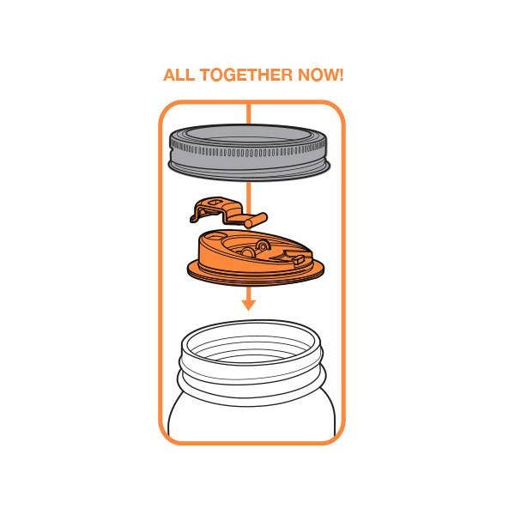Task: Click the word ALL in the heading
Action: pos(179,75)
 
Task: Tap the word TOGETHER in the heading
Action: pos(246,75)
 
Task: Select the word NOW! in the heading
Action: pos(320,75)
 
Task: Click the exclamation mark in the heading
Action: pos(341,75)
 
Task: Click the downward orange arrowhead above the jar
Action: pos(249,305)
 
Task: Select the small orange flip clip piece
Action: pos(228,213)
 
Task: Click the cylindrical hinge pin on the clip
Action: pos(256,220)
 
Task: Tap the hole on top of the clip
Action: pos(215,202)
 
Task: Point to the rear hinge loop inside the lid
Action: pos(264,245)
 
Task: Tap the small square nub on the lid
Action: pos(299,260)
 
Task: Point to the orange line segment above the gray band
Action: pos(249,113)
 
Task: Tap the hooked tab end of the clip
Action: pos(197,214)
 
